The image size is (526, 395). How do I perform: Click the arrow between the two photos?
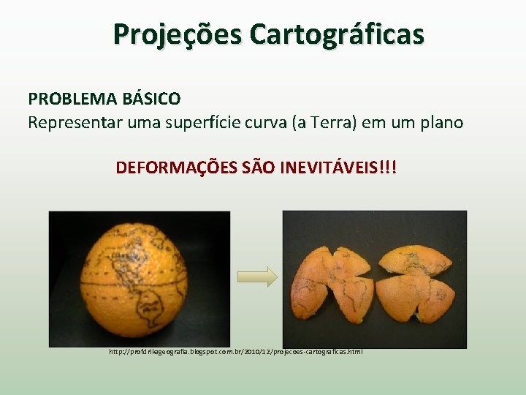(258, 276)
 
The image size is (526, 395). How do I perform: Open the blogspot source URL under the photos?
(236, 352)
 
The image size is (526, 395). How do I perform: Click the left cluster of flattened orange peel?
(329, 282)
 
